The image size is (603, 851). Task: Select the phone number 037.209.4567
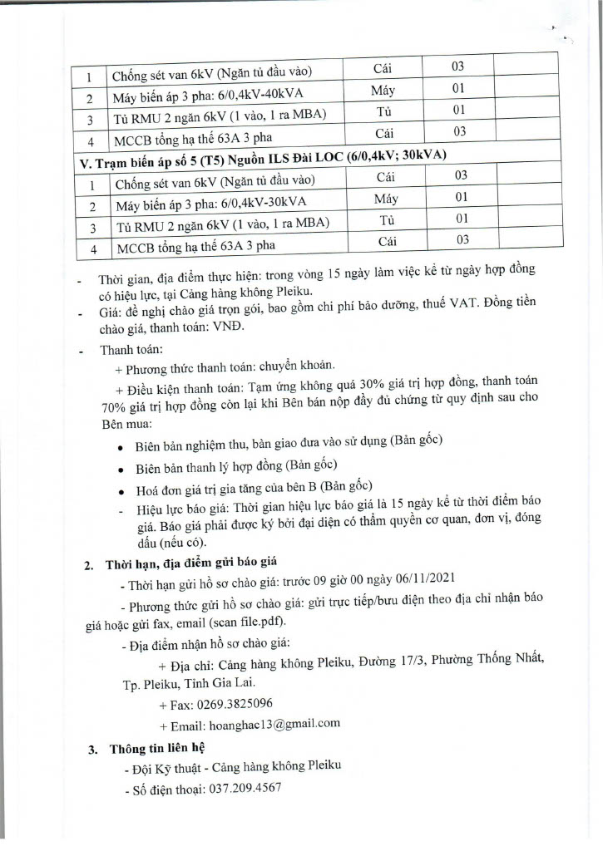242,786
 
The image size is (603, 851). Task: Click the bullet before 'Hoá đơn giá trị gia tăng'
122,488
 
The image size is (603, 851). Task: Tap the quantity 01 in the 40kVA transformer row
457,89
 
